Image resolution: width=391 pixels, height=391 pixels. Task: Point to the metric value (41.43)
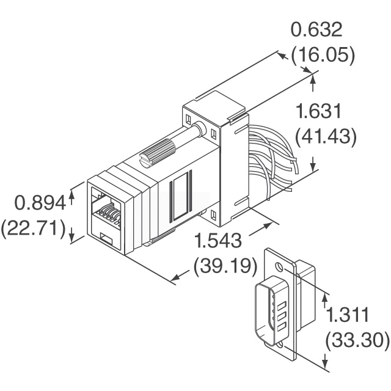pyautogui.click(x=326, y=137)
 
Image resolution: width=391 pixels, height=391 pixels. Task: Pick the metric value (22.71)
pyautogui.click(x=33, y=228)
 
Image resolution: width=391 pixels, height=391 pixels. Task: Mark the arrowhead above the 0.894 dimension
pyautogui.click(x=72, y=192)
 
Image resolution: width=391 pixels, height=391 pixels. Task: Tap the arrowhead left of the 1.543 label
pyautogui.click(x=175, y=278)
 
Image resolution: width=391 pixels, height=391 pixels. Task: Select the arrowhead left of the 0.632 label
pyautogui.click(x=282, y=55)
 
